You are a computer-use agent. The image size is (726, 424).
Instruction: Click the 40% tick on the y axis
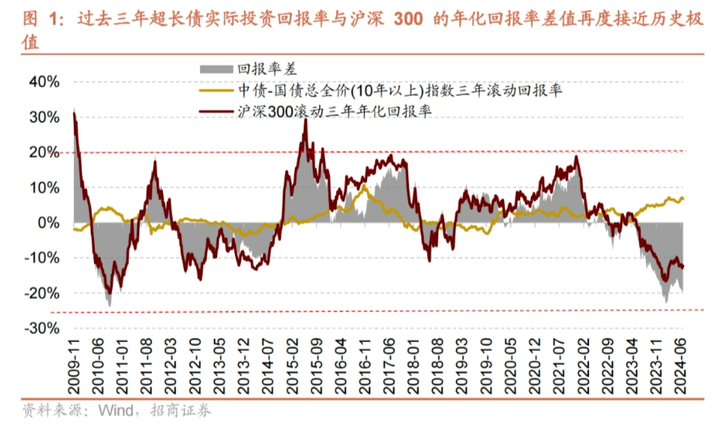45,82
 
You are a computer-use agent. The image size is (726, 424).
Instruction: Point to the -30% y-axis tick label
42,328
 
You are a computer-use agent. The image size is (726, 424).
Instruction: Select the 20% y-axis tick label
45,152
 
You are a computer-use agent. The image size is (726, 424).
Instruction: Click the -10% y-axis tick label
42,258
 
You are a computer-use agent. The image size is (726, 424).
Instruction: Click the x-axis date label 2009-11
75,362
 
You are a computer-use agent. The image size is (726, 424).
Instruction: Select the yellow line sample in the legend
216,92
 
